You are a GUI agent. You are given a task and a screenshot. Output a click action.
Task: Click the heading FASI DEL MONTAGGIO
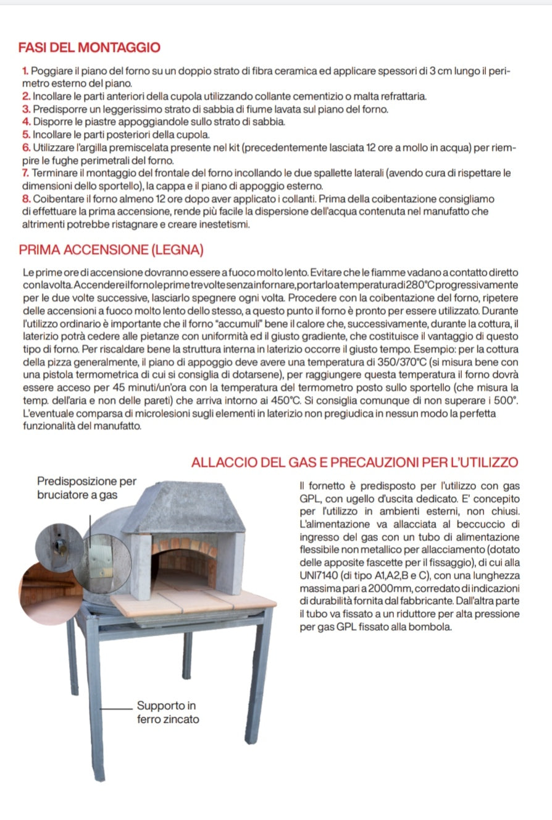pos(90,48)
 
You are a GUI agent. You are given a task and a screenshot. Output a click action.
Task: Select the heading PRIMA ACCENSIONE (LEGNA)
pos(111,250)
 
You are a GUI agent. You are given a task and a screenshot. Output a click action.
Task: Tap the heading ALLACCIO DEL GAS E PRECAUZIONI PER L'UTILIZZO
pos(354,462)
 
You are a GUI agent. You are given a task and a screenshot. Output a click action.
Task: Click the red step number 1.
pos(25,72)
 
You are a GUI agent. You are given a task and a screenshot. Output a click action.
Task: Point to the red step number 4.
pos(25,122)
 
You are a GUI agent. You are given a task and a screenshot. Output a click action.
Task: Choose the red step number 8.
pos(25,199)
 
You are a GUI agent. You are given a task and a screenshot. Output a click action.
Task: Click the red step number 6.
pos(25,148)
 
